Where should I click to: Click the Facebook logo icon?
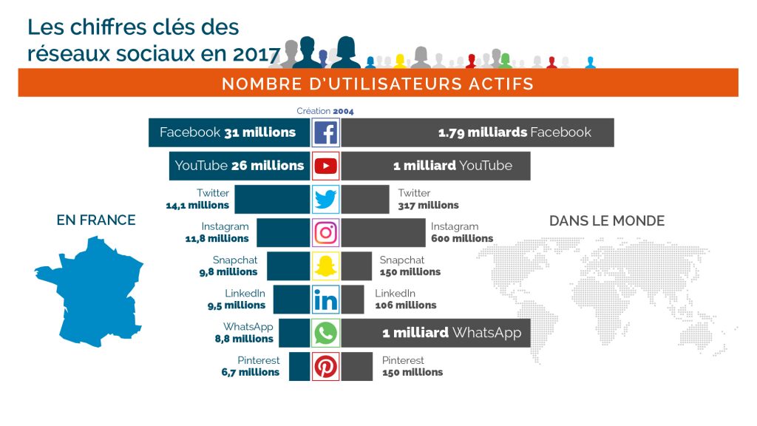tap(325, 133)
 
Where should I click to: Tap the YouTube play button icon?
tap(325, 166)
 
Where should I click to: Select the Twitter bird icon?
tap(325, 200)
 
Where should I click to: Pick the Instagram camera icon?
tap(325, 233)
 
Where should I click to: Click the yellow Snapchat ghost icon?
tap(325, 266)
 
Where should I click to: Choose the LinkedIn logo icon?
tap(325, 300)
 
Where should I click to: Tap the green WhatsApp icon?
tap(325, 333)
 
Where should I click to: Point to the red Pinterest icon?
tap(325, 367)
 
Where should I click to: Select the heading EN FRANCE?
tap(96, 220)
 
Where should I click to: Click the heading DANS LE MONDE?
tap(606, 220)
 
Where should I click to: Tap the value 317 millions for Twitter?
tap(428, 206)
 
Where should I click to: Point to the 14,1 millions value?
tap(197, 206)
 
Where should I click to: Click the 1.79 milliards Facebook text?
tap(515, 133)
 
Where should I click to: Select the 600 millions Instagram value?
tap(462, 239)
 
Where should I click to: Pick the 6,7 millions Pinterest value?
tap(251, 372)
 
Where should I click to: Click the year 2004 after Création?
tap(343, 111)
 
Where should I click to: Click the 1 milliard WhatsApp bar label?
tap(451, 333)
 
